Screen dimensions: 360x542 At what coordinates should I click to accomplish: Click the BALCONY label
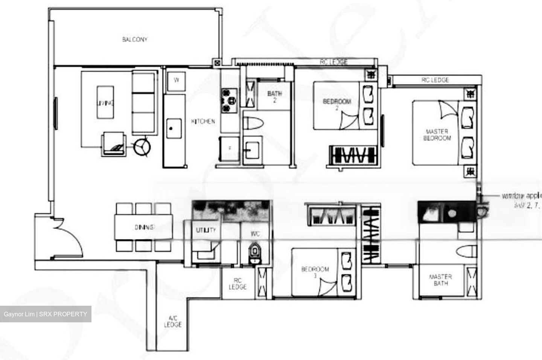(x=134, y=40)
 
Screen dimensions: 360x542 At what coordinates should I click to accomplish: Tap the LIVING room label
(x=105, y=103)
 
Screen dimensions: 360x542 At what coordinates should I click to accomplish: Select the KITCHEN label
(x=203, y=121)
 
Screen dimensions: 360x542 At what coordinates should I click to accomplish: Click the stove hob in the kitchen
(x=229, y=101)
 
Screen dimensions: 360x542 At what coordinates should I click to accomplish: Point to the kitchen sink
(x=174, y=128)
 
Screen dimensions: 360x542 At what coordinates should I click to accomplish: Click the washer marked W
(x=176, y=80)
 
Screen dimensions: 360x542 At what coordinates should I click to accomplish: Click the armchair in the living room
(x=113, y=144)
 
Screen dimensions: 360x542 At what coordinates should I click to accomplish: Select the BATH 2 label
(x=274, y=96)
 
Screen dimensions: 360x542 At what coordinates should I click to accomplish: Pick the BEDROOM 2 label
(x=337, y=104)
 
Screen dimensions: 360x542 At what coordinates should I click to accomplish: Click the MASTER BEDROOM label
(x=437, y=135)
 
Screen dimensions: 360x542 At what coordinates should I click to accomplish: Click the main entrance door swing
(x=68, y=237)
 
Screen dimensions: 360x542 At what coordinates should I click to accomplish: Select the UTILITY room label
(x=206, y=230)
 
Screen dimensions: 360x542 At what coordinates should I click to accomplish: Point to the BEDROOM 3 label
(x=315, y=272)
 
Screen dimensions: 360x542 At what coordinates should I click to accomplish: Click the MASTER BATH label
(x=440, y=280)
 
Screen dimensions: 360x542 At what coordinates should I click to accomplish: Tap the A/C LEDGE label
(x=173, y=321)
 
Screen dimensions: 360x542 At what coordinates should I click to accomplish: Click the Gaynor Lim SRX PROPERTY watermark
(x=46, y=314)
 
